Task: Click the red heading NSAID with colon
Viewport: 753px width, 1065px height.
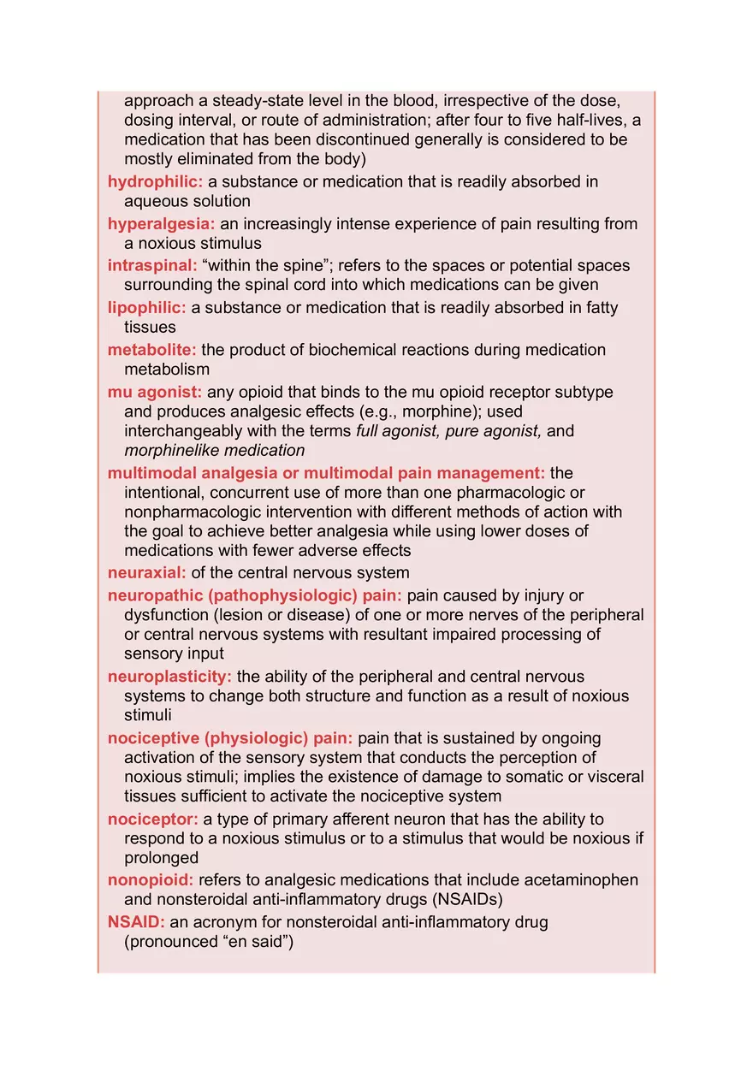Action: pyautogui.click(x=136, y=923)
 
